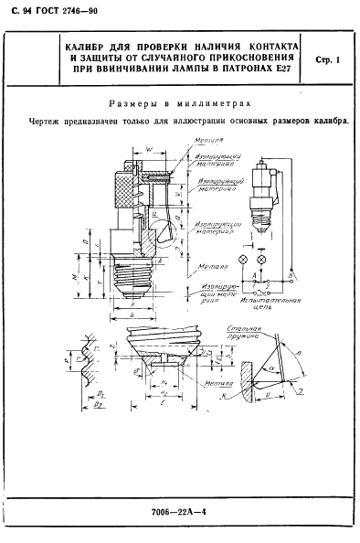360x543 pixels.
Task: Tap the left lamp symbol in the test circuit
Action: coord(244,260)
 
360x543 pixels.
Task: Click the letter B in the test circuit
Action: coord(290,271)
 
